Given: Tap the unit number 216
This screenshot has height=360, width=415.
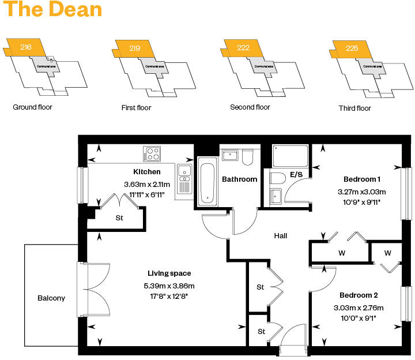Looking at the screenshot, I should pyautogui.click(x=26, y=47).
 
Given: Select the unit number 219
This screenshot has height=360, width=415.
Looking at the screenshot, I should pyautogui.click(x=135, y=48).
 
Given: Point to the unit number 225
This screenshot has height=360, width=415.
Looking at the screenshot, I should pyautogui.click(x=352, y=48).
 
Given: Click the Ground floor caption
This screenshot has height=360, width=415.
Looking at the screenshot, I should pyautogui.click(x=32, y=107).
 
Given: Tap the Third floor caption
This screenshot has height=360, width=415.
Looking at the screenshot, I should pyautogui.click(x=355, y=108).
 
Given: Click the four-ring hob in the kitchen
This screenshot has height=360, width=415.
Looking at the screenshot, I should pyautogui.click(x=153, y=153).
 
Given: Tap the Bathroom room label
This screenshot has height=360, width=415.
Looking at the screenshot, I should pyautogui.click(x=240, y=179).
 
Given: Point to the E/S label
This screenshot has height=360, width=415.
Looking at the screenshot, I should pyautogui.click(x=296, y=174).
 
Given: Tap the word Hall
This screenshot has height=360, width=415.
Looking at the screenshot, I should pyautogui.click(x=280, y=235).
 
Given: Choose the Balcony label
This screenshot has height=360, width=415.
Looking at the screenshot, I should pyautogui.click(x=51, y=298).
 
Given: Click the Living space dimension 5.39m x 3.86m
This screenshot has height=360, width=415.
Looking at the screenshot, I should pyautogui.click(x=169, y=286).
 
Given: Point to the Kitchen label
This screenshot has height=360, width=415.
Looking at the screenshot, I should pyautogui.click(x=147, y=172).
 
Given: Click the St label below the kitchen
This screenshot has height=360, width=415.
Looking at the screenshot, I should pyautogui.click(x=120, y=218).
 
